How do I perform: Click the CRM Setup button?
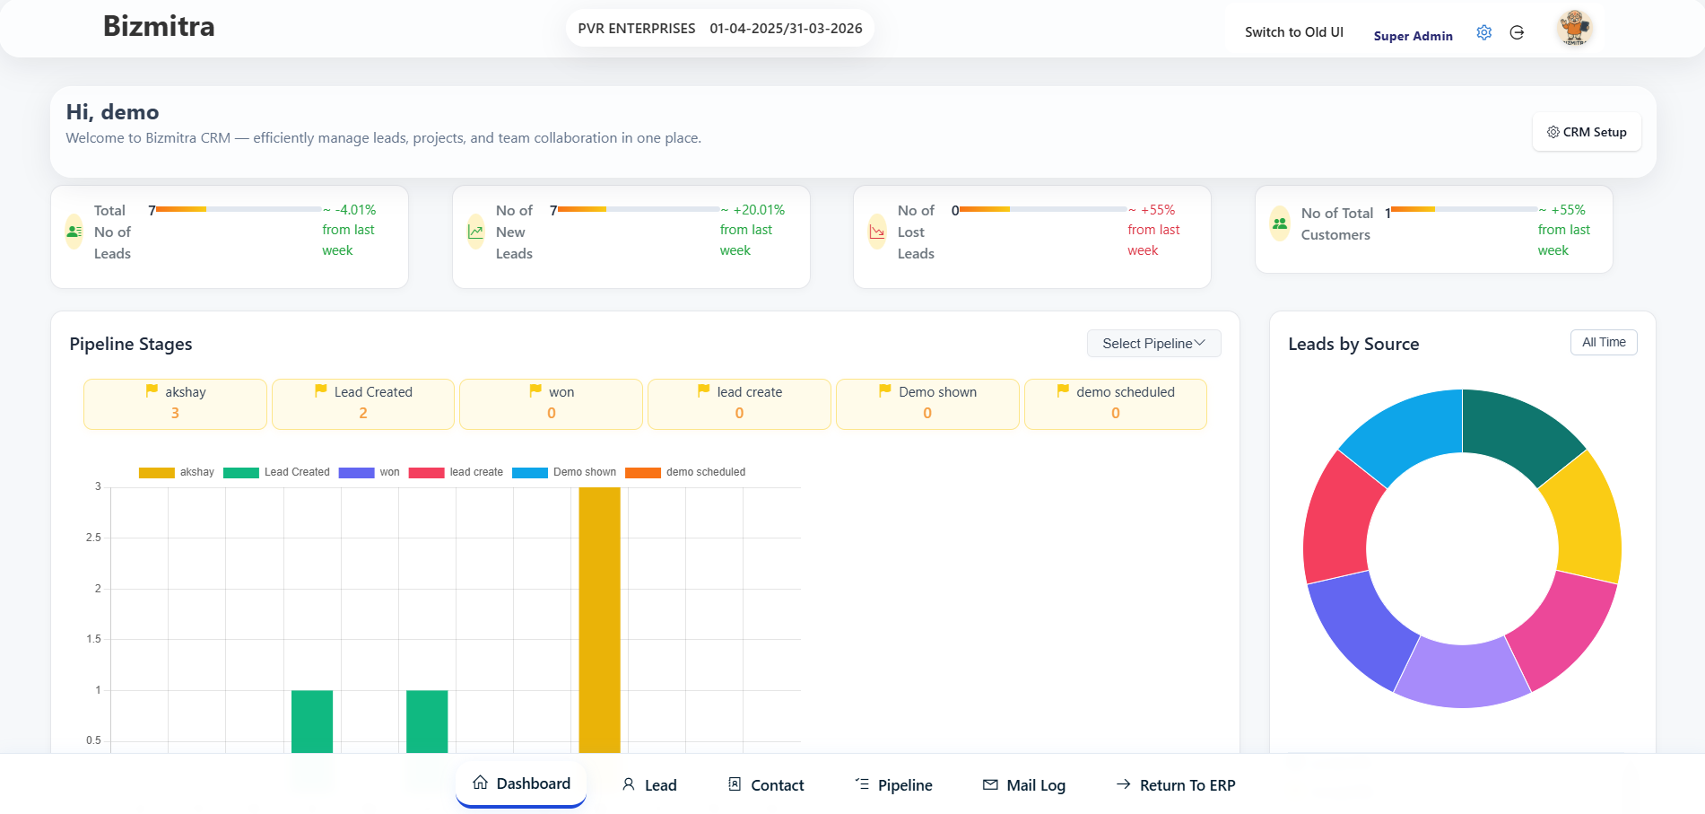(x=1586, y=132)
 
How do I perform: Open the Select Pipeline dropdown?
(x=1153, y=344)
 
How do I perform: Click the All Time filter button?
(x=1603, y=342)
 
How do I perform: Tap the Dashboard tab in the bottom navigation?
(x=521, y=783)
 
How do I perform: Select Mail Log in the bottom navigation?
(x=1024, y=785)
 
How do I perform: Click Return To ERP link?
(x=1176, y=785)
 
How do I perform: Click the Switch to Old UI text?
(x=1293, y=32)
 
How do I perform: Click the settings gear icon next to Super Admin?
(x=1484, y=33)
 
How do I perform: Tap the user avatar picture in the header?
(x=1575, y=29)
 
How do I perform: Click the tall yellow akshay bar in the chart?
(x=599, y=619)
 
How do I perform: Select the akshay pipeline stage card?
(x=175, y=403)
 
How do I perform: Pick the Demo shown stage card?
(x=927, y=403)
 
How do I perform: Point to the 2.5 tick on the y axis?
(x=93, y=538)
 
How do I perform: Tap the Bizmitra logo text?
(x=159, y=26)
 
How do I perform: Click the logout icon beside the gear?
(x=1517, y=33)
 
